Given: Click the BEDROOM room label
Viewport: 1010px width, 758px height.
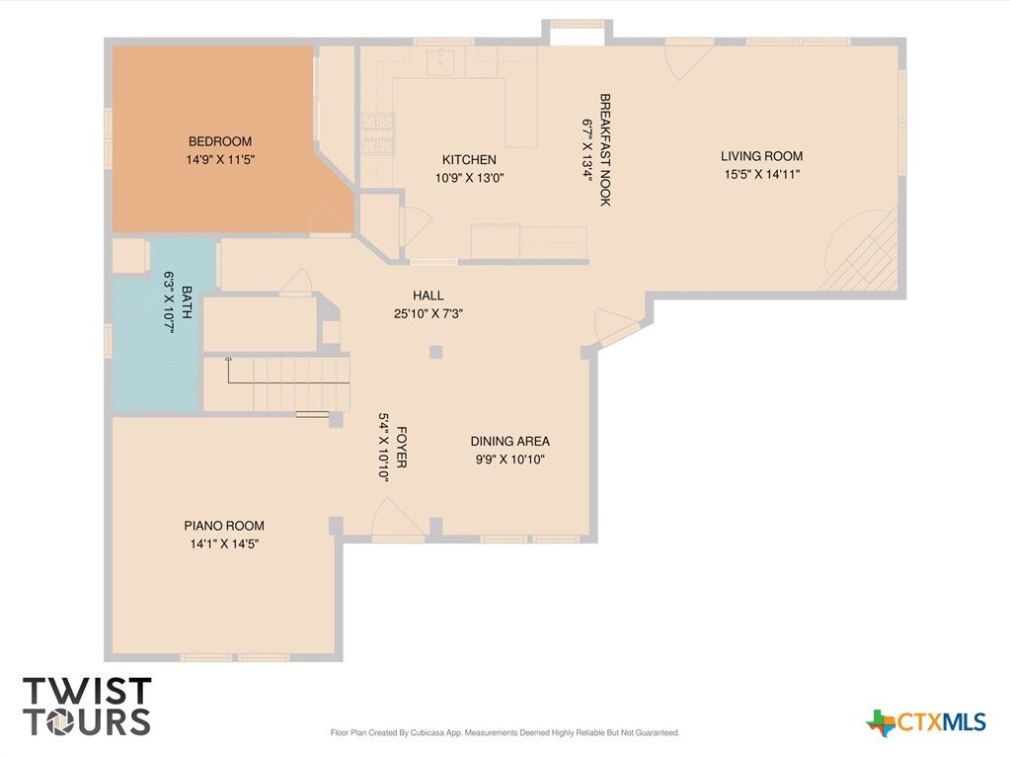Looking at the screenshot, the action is pos(220,141).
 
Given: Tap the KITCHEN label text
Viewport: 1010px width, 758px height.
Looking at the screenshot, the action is pos(469,159).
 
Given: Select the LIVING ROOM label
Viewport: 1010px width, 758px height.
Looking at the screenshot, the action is pos(761,156).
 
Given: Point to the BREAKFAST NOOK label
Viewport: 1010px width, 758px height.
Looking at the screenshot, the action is pos(605,150).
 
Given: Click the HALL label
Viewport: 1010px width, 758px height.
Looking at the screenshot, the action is pos(428,295).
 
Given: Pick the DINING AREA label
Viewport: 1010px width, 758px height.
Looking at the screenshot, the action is pos(510,442).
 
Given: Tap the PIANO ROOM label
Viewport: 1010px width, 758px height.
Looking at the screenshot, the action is pos(224,526).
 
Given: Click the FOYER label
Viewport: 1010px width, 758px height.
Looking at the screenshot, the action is pos(401,447).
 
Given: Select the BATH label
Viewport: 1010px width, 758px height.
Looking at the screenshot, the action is pos(187,302).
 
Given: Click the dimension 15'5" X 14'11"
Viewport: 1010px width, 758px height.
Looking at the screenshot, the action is pos(762,174).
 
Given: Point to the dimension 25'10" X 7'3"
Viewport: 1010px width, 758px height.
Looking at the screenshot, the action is pos(428,314).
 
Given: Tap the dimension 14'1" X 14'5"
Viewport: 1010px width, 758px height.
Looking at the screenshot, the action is pos(224,544).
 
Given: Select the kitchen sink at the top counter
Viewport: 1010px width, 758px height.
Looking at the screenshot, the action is pos(442,62).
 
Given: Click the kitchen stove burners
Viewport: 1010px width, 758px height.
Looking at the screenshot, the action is pos(377,133).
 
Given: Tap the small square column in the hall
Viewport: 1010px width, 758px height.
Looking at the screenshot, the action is pos(436,352).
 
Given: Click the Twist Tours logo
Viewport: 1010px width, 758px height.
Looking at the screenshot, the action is pos(87,707).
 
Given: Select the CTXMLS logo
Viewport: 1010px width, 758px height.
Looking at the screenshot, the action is pos(926,722).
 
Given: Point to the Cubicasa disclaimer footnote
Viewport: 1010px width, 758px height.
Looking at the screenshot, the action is pos(505,733).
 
